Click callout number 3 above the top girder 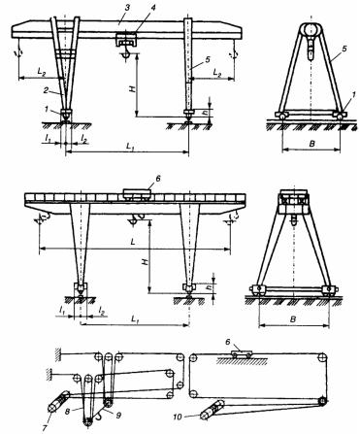pos(127,9)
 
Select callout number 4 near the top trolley pos(152,8)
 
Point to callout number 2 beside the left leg pos(47,90)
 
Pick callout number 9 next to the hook pos(118,415)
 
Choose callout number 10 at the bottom pos(178,417)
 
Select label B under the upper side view pos(311,143)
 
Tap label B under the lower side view pos(293,319)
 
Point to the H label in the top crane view pos(133,88)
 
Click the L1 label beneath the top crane pos(130,147)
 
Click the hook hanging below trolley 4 pos(125,54)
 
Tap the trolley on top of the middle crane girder pos(137,195)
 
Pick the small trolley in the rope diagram pos(242,353)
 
